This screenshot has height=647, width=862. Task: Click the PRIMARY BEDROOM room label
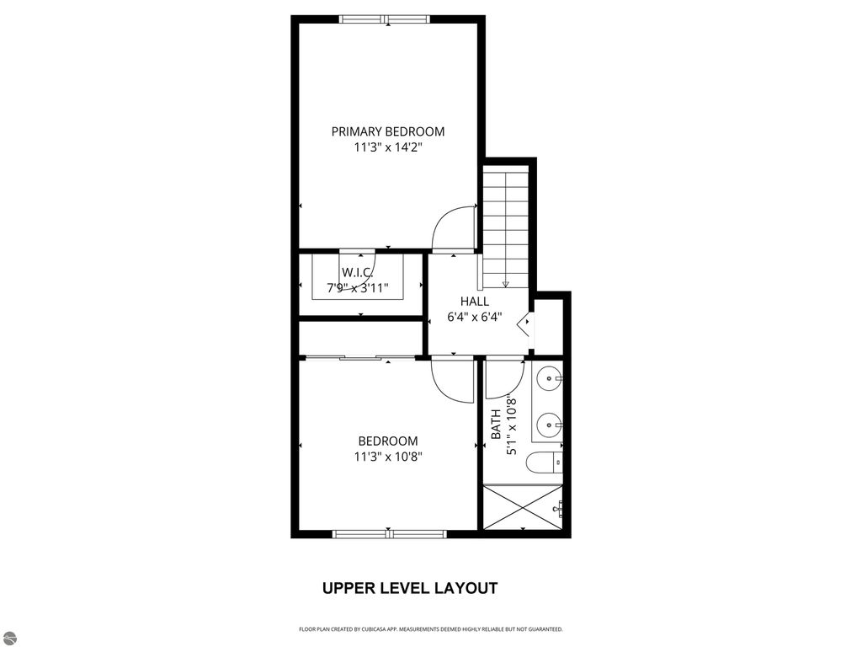pos(387,131)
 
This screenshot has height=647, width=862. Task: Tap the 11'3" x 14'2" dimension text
pos(387,147)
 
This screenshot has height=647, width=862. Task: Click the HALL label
pos(474,302)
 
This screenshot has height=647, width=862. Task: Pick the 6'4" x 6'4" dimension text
pos(474,318)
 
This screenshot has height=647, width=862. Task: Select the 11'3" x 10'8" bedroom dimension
pos(387,457)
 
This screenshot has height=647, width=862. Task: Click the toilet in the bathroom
pos(544,463)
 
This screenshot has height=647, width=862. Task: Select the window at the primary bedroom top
pos(384,19)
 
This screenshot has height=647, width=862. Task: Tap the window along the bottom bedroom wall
pos(389,533)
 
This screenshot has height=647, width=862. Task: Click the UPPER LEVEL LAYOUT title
pos(410,588)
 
